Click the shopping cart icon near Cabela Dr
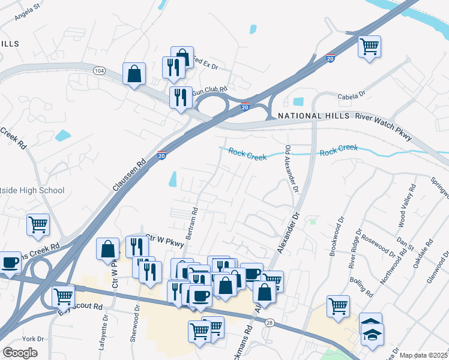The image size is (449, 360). point(369,46)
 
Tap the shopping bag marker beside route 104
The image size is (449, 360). point(134,74)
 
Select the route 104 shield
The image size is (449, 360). point(100,71)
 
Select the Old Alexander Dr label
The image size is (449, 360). point(291,169)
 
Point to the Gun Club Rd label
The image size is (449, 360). point(209,91)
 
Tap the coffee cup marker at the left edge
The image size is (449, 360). point(10,262)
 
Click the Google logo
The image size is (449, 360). point(20,353)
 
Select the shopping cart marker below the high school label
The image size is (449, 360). point(38,225)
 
